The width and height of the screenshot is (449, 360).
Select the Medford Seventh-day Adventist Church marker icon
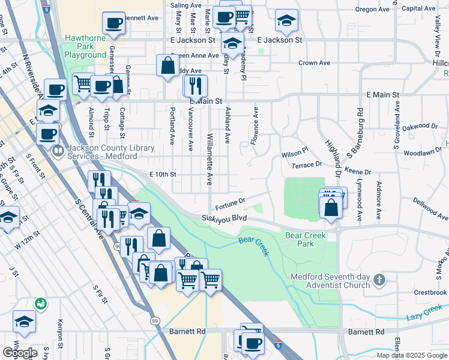point(379,280)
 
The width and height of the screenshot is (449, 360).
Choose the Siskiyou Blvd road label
point(224,218)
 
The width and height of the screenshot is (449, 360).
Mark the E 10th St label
point(162,174)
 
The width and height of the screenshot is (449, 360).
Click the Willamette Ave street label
point(210,162)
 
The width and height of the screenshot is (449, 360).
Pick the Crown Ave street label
point(314,62)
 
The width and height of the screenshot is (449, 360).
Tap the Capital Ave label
point(418,8)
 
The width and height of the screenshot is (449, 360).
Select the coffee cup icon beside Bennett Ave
point(113,23)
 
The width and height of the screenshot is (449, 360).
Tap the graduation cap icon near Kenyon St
point(24,322)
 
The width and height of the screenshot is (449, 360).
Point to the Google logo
point(19,353)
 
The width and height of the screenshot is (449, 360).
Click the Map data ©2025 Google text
point(412,355)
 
